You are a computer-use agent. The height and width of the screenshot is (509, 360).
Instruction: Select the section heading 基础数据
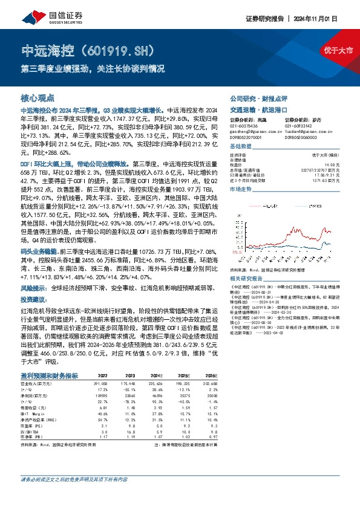(241, 147)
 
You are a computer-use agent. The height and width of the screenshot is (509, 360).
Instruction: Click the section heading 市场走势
(241, 189)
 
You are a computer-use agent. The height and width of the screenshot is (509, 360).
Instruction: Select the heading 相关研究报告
(248, 279)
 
